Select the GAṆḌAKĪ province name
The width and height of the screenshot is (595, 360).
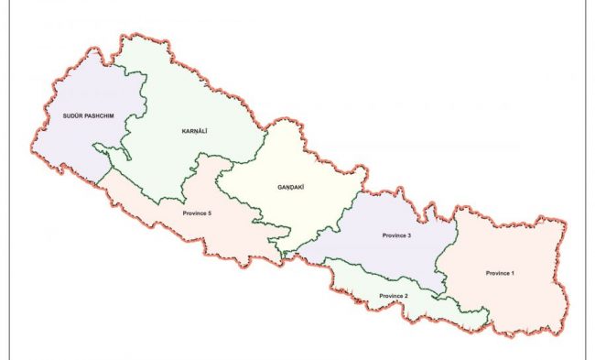(x=290, y=187)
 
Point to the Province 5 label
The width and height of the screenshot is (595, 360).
(x=196, y=213)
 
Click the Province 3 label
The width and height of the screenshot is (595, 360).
(x=396, y=236)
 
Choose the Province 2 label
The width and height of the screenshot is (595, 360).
(x=393, y=296)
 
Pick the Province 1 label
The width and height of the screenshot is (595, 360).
(x=501, y=273)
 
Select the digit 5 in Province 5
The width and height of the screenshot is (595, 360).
(x=210, y=213)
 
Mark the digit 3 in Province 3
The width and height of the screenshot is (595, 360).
(x=410, y=236)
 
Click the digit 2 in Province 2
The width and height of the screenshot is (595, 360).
(x=406, y=296)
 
